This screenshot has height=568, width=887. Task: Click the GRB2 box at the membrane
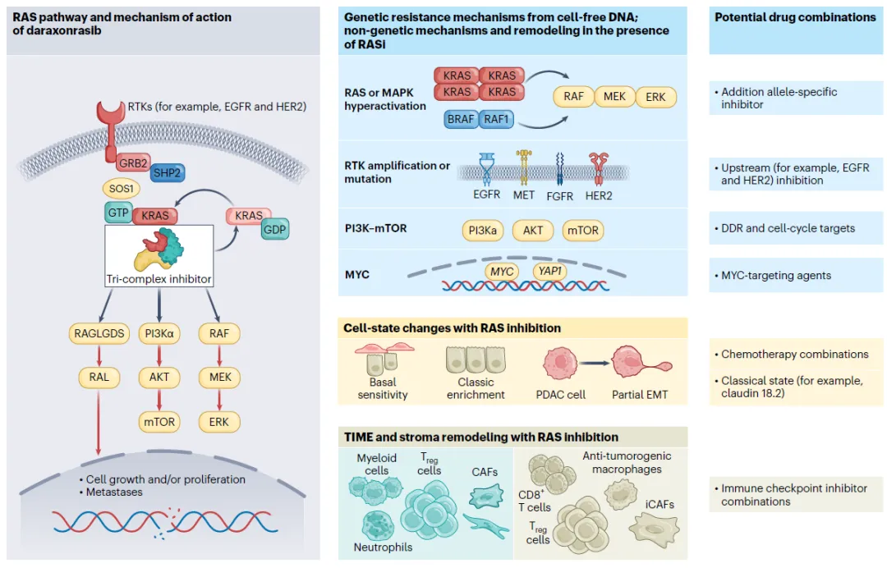134,163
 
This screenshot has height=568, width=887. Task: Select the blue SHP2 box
167,173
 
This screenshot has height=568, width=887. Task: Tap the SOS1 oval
121,189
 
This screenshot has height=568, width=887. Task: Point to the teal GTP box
118,213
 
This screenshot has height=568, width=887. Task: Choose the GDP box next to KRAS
275,230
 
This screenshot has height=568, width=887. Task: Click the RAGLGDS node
99,333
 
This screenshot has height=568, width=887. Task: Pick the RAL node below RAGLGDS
99,377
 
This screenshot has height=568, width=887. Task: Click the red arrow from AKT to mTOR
159,399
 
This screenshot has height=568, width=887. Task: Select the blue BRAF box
461,119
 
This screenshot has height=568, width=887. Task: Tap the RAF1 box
496,119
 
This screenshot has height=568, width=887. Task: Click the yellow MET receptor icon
524,167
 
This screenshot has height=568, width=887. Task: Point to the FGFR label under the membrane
559,196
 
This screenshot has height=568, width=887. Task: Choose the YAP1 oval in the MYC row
549,272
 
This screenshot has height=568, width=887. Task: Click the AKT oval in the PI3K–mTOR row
533,231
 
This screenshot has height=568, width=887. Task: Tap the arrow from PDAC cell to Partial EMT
594,363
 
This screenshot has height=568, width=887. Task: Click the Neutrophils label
383,547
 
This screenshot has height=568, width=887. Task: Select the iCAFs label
660,504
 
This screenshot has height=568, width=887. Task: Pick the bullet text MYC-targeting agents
776,275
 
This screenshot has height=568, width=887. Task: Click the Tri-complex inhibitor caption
159,278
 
